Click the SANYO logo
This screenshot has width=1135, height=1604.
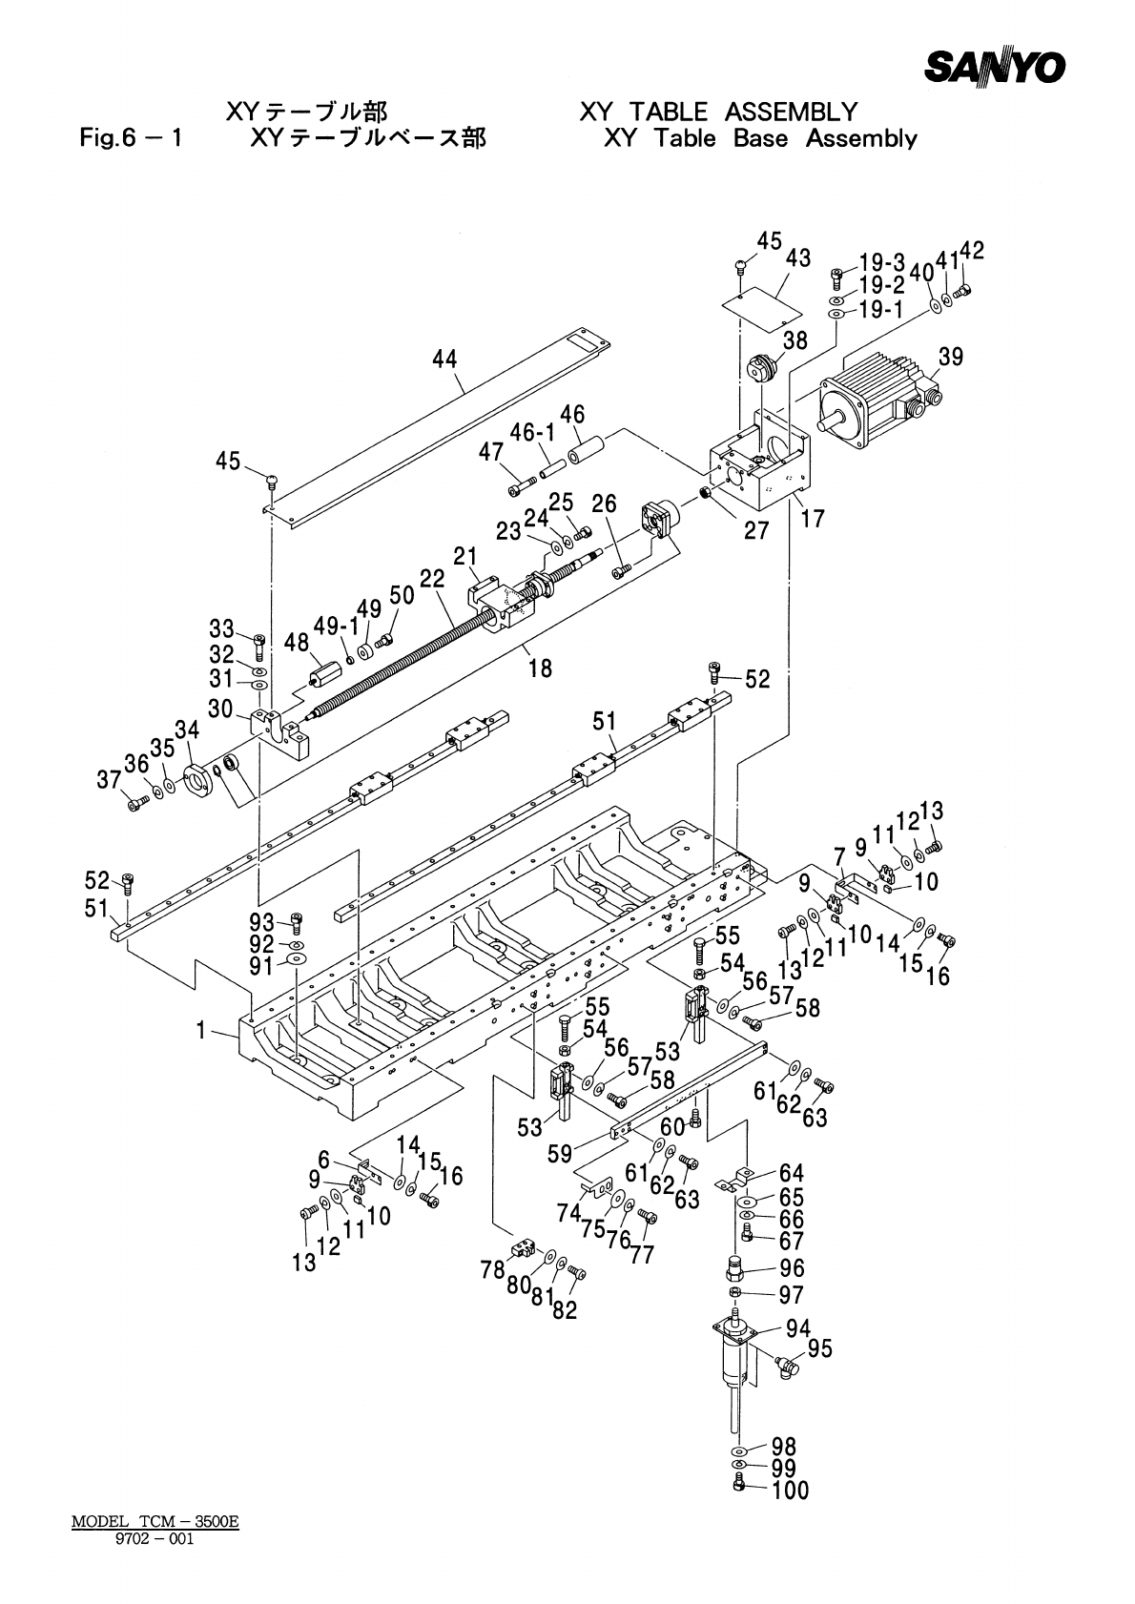coord(995,67)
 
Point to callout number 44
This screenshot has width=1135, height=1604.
coord(444,359)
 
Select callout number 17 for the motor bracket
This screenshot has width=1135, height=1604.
coord(813,518)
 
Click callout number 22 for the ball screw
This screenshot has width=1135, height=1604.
coord(432,578)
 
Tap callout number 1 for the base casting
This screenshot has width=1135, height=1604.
coord(201,1031)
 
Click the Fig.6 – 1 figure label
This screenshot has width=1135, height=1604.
coord(131,137)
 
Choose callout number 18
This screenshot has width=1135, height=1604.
coord(541,668)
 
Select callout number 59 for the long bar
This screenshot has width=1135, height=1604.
coord(560,1153)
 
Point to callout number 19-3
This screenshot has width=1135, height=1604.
coord(882,263)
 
